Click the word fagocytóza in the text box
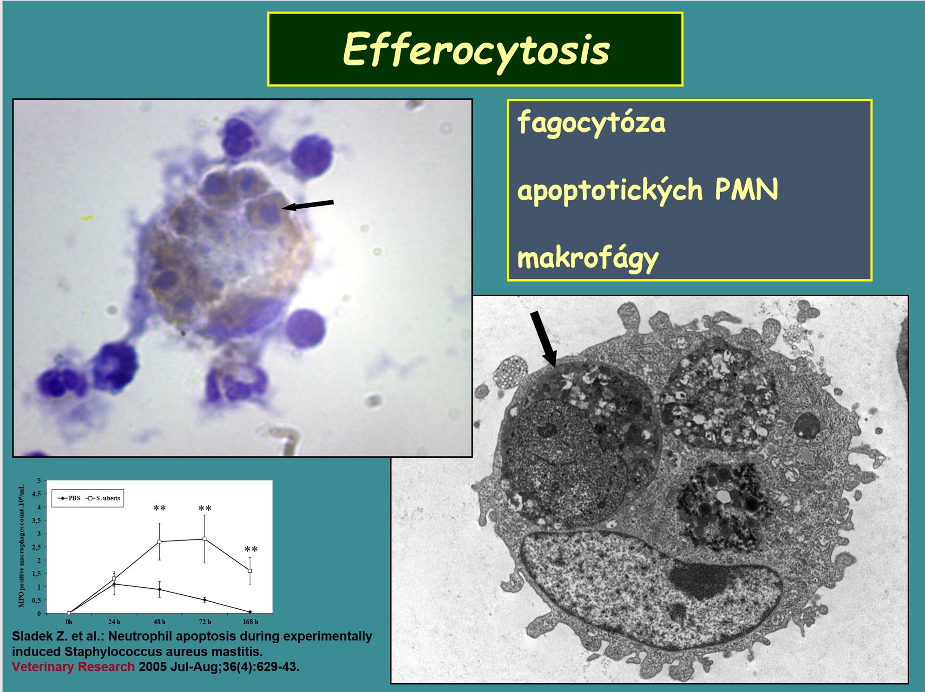pyautogui.click(x=591, y=123)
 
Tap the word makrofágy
pyautogui.click(x=588, y=258)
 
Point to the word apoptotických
pyautogui.click(x=610, y=190)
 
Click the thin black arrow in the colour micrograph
pyautogui.click(x=308, y=205)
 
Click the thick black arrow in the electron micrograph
pyautogui.click(x=543, y=339)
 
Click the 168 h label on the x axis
pyautogui.click(x=250, y=622)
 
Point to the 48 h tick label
pyautogui.click(x=159, y=622)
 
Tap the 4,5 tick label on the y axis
pyautogui.click(x=37, y=494)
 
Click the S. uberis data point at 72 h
pyautogui.click(x=204, y=539)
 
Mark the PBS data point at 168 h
pyautogui.click(x=250, y=612)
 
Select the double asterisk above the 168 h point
pyautogui.click(x=251, y=550)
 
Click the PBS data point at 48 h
pyautogui.click(x=159, y=589)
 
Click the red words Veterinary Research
pyautogui.click(x=73, y=667)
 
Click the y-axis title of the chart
pyautogui.click(x=21, y=546)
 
